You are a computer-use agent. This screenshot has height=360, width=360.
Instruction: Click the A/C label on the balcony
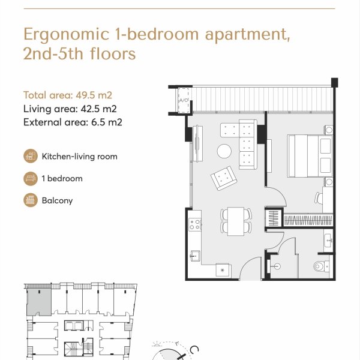point(184,100)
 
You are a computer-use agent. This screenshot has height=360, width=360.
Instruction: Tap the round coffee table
point(224,151)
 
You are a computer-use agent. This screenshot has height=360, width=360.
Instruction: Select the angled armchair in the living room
point(224,178)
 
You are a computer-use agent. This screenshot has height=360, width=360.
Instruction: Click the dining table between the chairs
point(236,221)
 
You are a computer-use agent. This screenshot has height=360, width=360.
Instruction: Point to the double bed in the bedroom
point(310,156)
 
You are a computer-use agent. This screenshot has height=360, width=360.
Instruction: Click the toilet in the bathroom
point(322,266)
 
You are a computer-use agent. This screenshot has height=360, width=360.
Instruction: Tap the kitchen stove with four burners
point(194,224)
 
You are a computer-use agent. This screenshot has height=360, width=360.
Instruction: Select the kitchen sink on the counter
point(195,256)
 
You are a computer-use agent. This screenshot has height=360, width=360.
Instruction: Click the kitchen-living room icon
point(31,156)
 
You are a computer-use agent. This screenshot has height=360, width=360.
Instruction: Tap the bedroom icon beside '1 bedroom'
point(31,178)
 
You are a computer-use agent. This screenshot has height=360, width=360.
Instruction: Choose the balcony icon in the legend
point(31,200)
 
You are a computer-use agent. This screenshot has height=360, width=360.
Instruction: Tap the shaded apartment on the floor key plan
point(39,302)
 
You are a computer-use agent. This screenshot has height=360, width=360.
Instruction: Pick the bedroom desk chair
point(319,198)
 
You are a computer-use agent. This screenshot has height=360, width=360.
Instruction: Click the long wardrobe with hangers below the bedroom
point(308,221)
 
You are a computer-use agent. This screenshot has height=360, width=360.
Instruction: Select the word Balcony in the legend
point(57,200)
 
